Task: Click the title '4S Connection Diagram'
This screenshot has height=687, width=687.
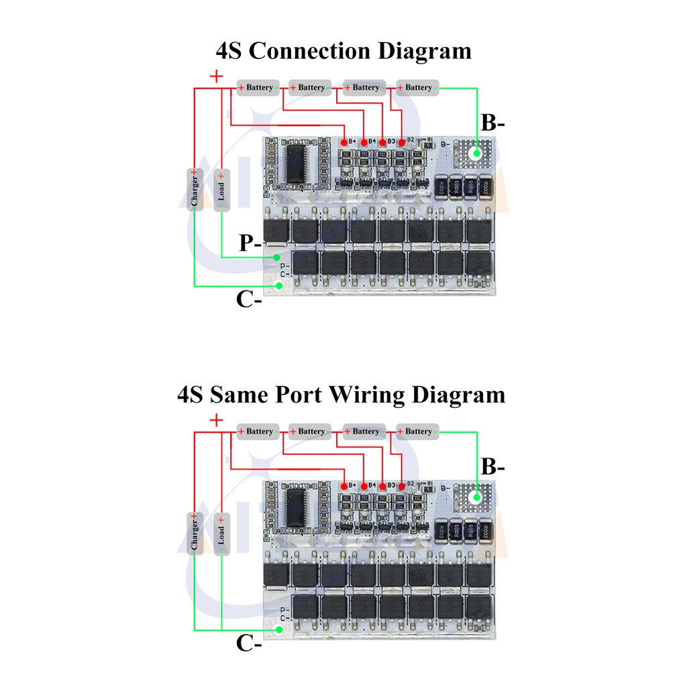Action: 343,51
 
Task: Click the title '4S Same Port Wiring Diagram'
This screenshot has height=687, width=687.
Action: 341,394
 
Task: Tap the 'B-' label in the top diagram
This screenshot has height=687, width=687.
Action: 493,123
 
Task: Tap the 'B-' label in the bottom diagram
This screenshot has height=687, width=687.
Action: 493,467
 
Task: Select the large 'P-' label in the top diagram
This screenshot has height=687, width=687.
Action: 251,244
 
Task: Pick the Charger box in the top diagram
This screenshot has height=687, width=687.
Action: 195,189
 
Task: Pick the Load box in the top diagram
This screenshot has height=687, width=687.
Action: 221,189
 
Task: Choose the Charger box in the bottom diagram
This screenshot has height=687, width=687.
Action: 195,533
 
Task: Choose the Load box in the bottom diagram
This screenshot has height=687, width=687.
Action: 221,533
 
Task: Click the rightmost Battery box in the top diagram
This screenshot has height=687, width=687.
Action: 418,87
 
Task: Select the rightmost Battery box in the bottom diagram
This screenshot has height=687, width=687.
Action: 418,431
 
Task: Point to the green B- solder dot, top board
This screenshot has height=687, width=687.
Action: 476,153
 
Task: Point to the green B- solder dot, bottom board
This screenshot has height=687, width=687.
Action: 476,497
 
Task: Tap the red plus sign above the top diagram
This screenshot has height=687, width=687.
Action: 216,76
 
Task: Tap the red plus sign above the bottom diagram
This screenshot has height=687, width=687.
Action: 216,421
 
